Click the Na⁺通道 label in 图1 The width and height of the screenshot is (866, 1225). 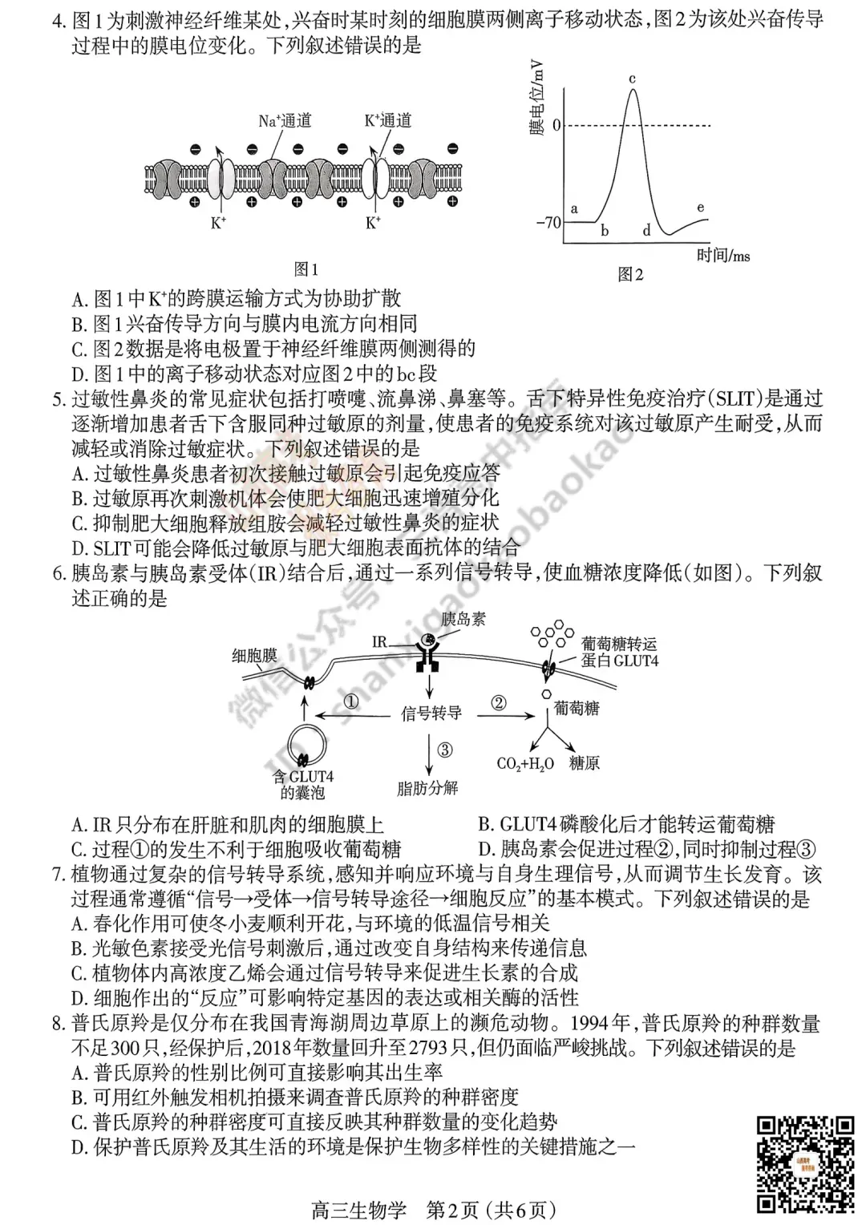click(285, 121)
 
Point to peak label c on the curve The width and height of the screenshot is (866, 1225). click(632, 79)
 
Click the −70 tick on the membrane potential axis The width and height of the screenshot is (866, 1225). click(549, 222)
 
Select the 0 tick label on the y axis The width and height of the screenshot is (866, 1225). click(556, 126)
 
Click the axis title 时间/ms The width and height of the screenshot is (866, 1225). click(723, 256)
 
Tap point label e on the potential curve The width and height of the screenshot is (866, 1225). click(700, 207)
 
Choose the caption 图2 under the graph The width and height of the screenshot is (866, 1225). click(630, 274)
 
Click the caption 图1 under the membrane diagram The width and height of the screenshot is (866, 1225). click(306, 269)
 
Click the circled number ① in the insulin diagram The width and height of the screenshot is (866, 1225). click(351, 701)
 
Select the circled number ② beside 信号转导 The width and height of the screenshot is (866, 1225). click(499, 703)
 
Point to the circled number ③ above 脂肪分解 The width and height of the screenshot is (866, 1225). click(445, 750)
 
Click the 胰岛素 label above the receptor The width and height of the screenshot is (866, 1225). click(463, 619)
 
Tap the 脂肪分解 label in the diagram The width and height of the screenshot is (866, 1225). click(427, 788)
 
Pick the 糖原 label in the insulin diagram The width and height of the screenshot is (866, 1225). click(585, 763)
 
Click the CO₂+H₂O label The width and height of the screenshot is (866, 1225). click(525, 764)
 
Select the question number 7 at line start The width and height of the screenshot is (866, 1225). click(58, 875)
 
